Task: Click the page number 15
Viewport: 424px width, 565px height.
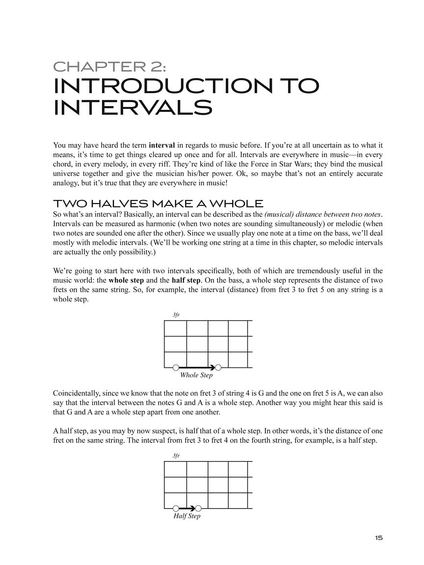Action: click(378, 538)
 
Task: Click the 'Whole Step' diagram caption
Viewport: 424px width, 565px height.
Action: click(196, 375)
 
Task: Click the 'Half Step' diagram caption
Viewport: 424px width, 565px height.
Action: click(187, 516)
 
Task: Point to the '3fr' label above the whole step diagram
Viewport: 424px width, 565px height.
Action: click(176, 315)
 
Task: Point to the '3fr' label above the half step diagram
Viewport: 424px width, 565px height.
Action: click(176, 456)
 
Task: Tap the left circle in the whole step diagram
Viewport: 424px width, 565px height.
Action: click(176, 367)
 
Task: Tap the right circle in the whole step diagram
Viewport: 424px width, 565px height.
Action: click(218, 367)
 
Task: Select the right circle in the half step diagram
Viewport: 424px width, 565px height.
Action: click(198, 508)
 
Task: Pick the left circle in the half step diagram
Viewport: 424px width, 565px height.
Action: click(176, 508)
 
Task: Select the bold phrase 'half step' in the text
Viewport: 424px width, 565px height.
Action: click(186, 280)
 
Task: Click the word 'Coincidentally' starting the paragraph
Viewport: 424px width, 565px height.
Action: click(76, 393)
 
